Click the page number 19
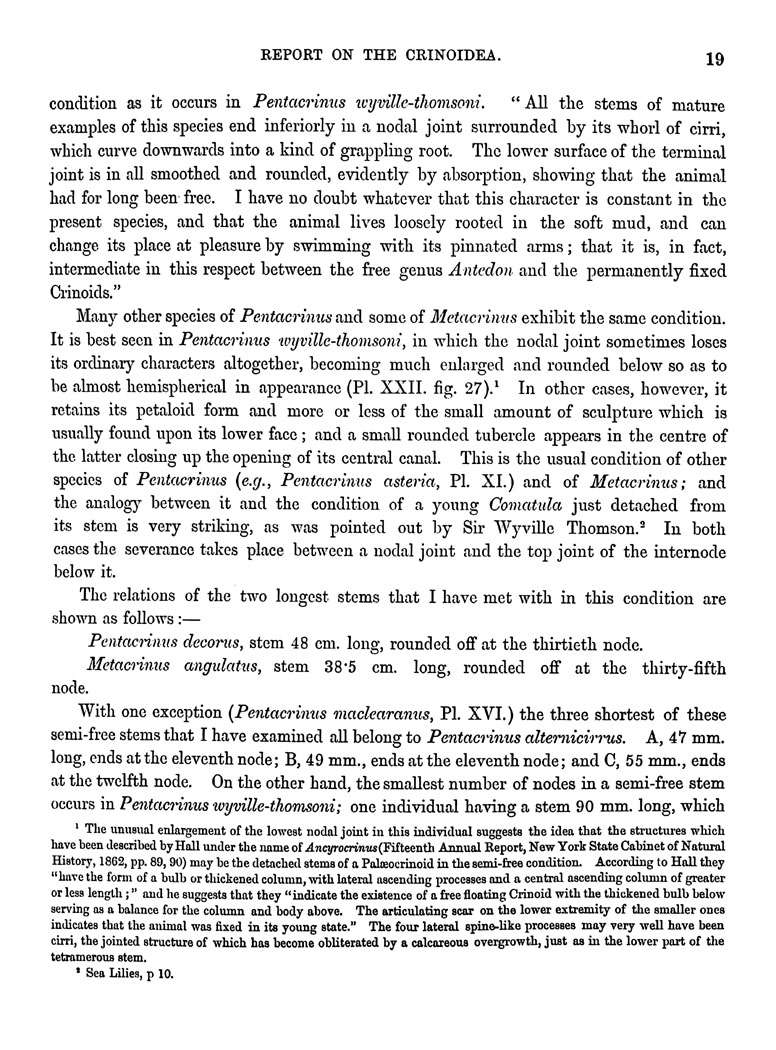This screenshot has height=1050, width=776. tap(713, 58)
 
